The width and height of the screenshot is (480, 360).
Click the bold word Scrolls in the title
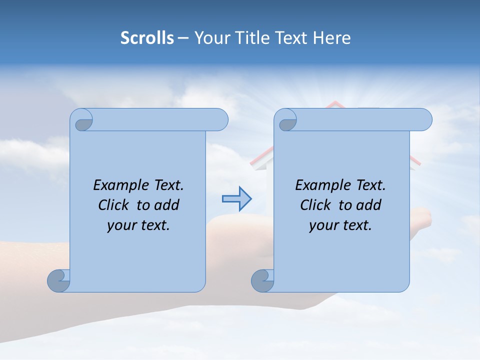pos(147,38)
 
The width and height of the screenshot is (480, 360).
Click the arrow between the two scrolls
pos(236,199)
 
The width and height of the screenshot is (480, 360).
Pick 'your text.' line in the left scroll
pos(138,225)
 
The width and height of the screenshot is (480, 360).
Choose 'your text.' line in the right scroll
pos(340,225)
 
